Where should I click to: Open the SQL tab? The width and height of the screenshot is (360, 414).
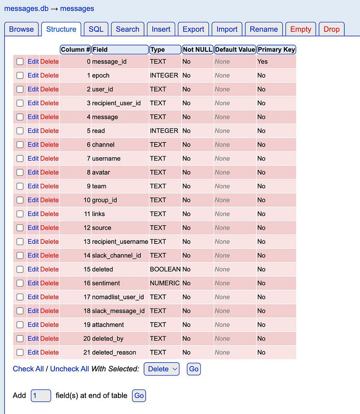tap(96, 29)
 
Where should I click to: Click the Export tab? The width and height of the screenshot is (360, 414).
tap(193, 29)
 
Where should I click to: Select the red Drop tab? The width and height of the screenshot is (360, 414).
tap(331, 29)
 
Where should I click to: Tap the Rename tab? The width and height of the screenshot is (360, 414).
tap(264, 29)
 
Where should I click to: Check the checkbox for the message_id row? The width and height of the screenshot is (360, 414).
tap(20, 62)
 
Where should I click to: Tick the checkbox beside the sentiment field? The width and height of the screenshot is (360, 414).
tap(20, 283)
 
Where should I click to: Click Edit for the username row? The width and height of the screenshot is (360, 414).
tap(33, 159)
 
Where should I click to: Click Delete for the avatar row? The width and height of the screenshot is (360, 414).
tap(49, 172)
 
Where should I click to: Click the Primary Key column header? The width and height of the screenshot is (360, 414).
tap(276, 50)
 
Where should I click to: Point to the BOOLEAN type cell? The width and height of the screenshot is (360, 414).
tap(165, 269)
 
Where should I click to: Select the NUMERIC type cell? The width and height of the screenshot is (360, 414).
tap(165, 283)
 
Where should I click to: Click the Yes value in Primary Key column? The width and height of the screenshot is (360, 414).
tap(262, 62)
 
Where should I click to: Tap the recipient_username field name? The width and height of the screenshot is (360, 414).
tap(120, 242)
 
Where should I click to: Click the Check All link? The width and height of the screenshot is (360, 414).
tap(28, 369)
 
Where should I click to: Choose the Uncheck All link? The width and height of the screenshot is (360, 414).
tap(70, 369)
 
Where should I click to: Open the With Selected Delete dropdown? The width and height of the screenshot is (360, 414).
tap(161, 369)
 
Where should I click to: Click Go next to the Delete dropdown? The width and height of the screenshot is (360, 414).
tap(194, 369)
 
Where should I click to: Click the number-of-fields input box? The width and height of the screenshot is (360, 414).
tap(41, 395)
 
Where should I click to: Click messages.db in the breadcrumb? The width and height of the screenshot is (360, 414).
tap(26, 9)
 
